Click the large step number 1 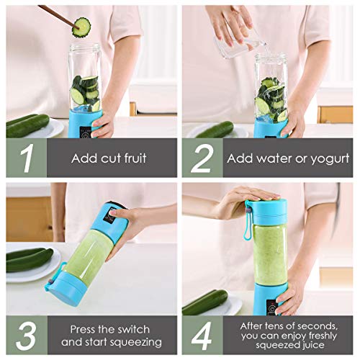point(27,158)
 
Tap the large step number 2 point(201,158)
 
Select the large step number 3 point(27,335)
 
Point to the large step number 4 point(202,335)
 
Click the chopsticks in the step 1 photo point(58,14)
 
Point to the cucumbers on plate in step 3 point(29,258)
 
